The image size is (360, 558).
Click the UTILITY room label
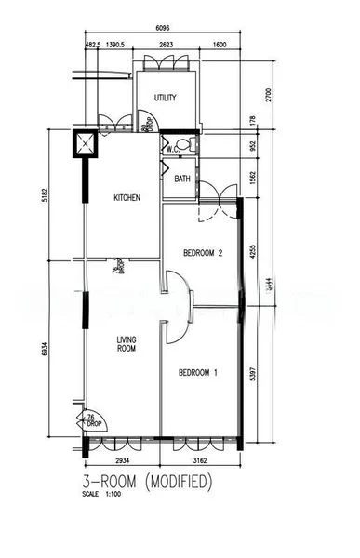pyautogui.click(x=166, y=98)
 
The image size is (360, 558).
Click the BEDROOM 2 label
pyautogui.click(x=204, y=253)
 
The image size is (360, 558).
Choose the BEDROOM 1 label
pyautogui.click(x=197, y=374)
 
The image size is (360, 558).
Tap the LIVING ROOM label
pyautogui.click(x=127, y=347)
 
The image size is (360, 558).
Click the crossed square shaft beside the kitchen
pyautogui.click(x=86, y=144)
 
